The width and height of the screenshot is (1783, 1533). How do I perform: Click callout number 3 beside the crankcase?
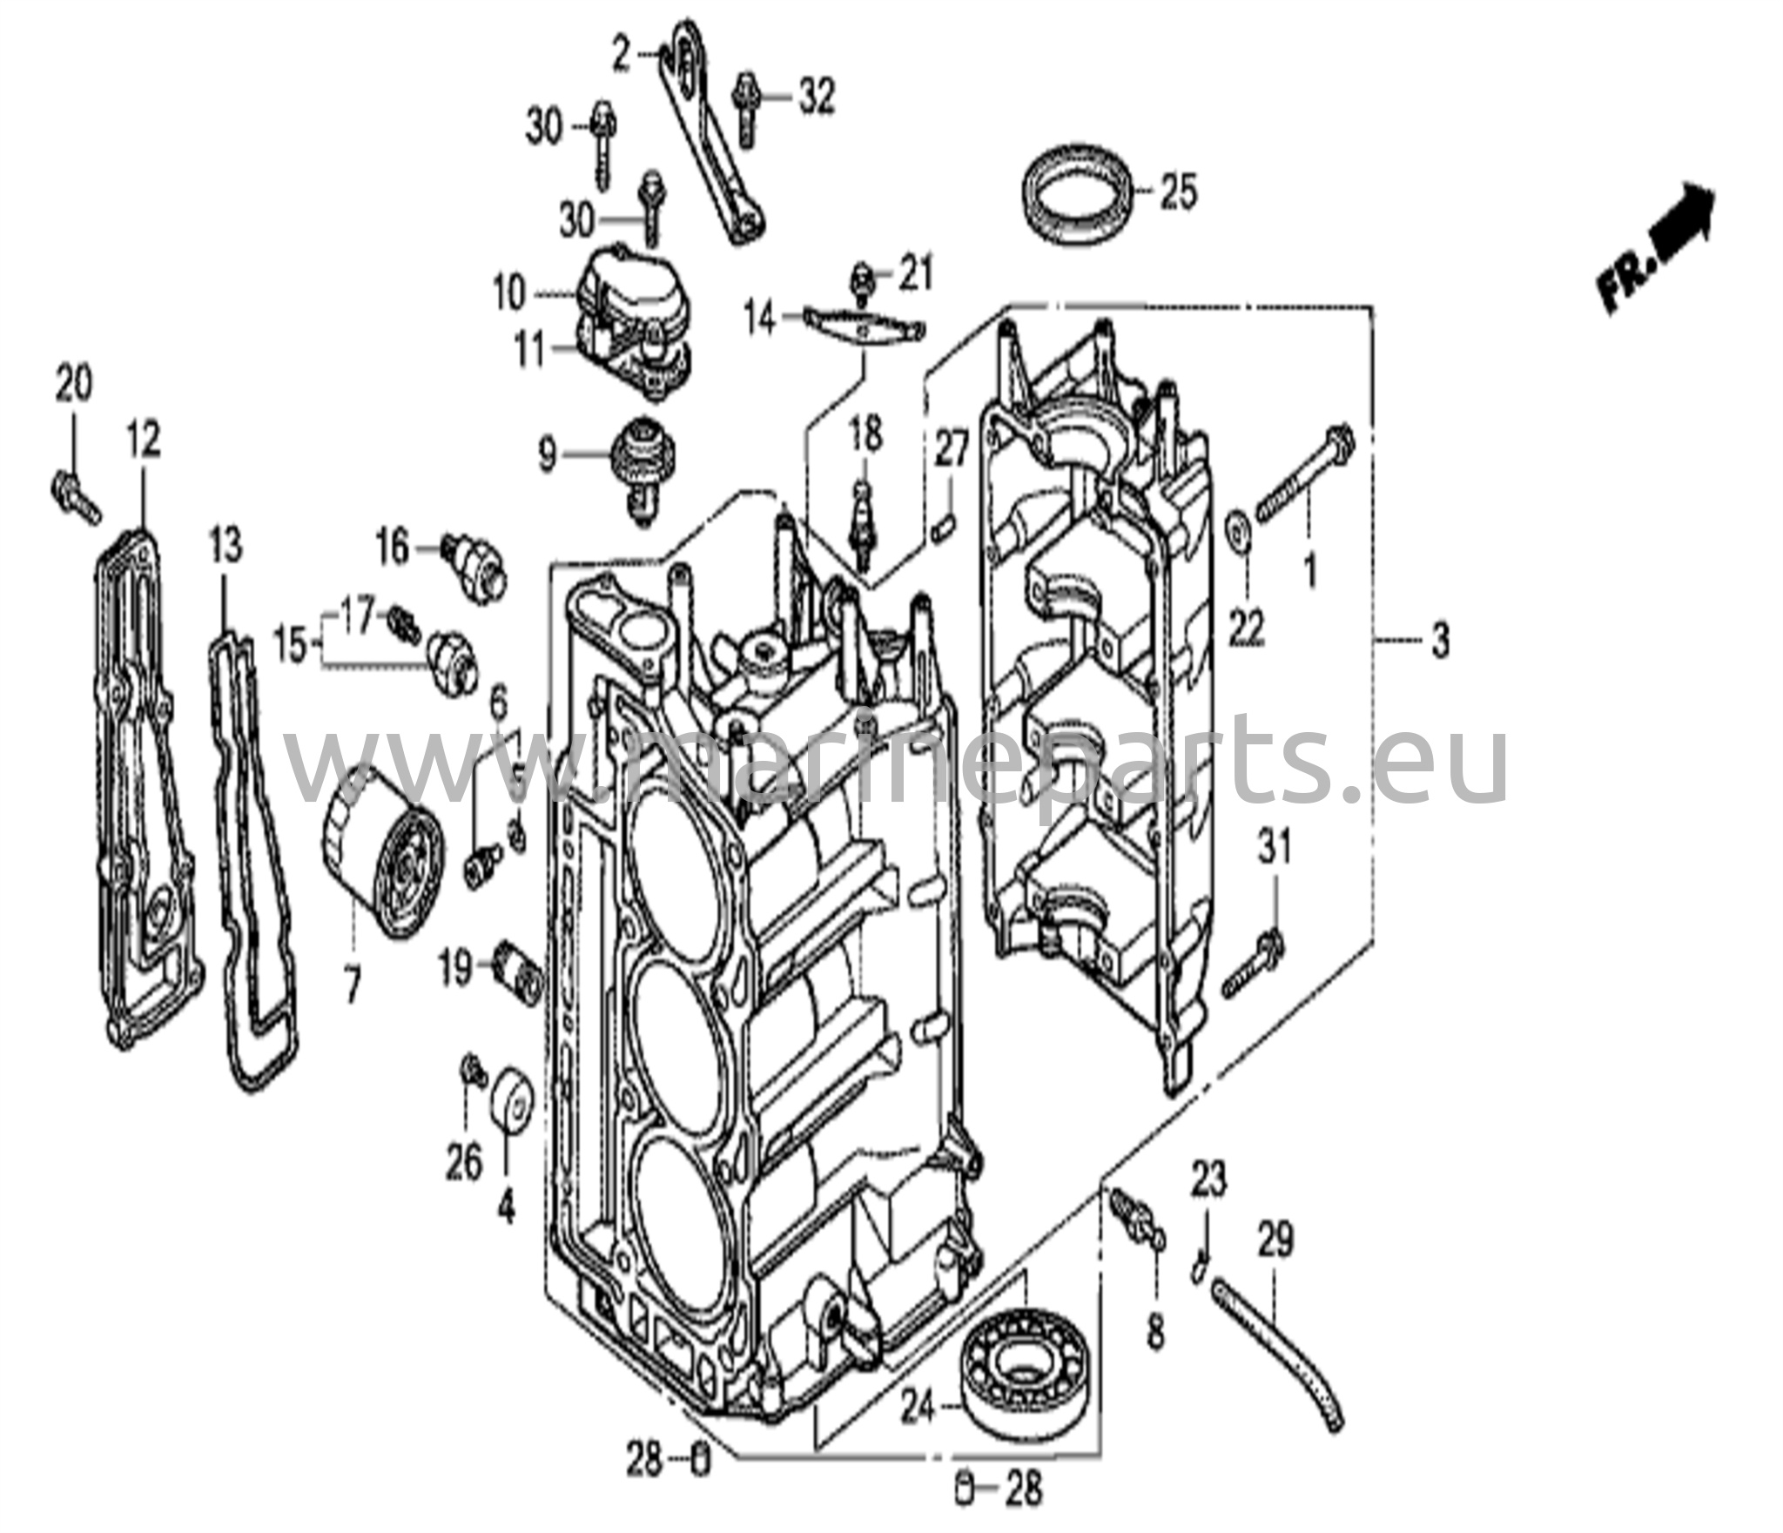(x=1440, y=642)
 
